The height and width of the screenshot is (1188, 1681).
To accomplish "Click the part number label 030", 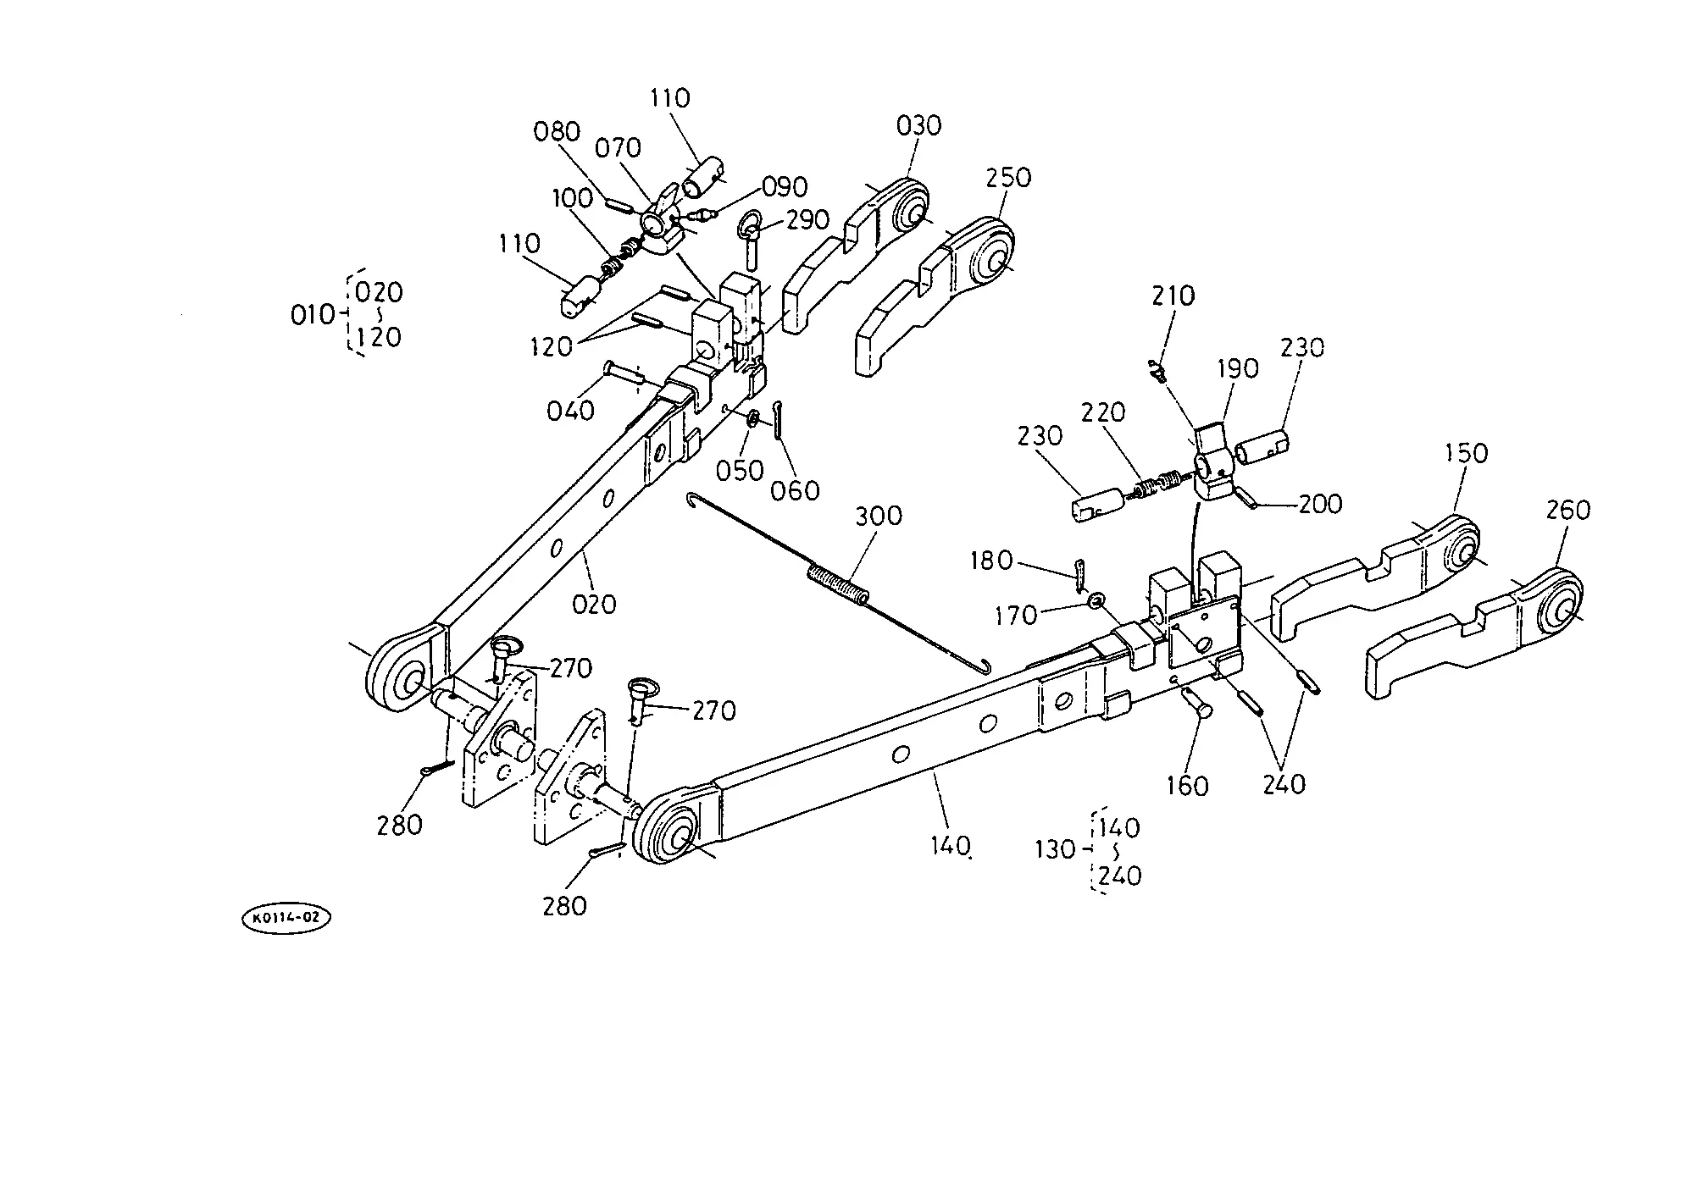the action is point(918,126).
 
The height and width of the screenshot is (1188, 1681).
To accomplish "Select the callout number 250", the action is point(1008,178).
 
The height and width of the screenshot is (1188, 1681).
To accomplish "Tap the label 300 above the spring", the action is point(879,516).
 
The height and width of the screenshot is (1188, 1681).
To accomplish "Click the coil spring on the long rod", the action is point(838,585).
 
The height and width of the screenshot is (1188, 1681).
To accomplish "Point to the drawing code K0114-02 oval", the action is point(286,918).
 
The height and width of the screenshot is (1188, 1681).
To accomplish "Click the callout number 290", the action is point(807,220).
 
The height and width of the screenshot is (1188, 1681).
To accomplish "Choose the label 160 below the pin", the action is point(1187,786).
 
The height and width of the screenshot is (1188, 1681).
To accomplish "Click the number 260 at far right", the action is point(1568,511).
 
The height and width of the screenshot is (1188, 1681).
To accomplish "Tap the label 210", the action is point(1173,296).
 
